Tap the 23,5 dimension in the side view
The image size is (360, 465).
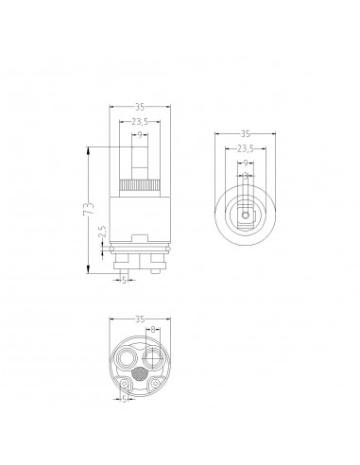pos(139,122)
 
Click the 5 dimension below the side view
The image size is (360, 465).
pos(126,280)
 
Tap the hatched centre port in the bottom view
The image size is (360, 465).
pos(139,375)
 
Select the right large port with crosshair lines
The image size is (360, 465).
pos(152,359)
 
